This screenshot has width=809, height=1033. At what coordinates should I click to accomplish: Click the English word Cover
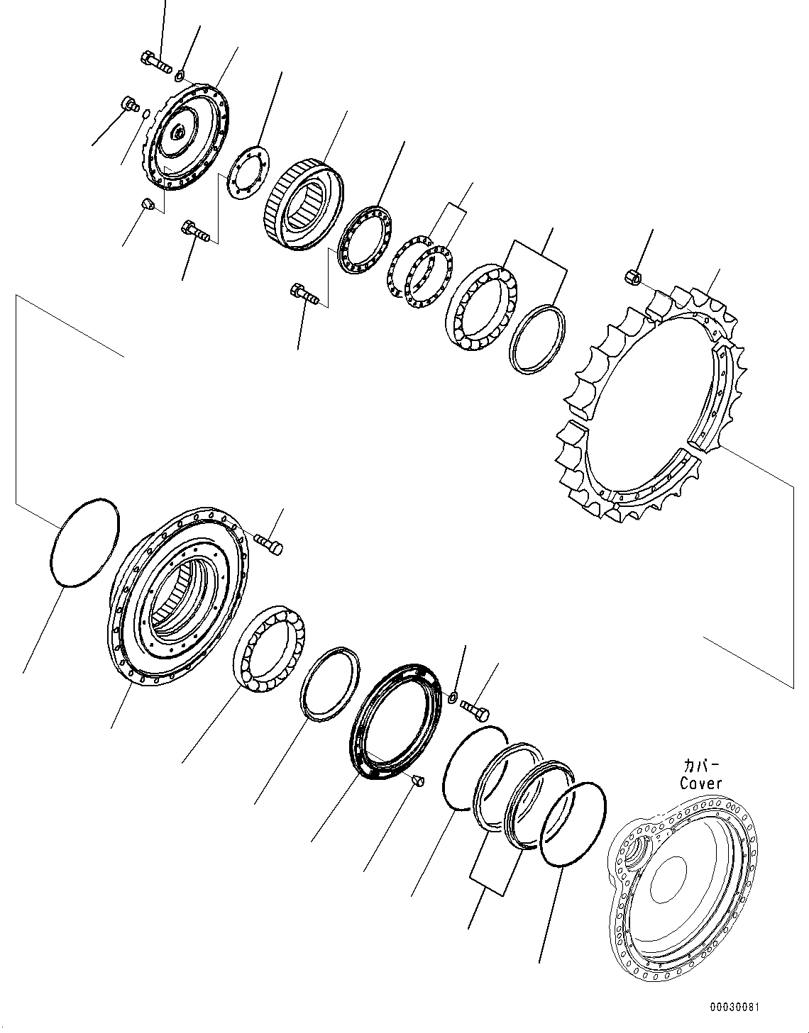[x=700, y=783]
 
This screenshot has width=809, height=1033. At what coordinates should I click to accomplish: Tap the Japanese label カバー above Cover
[x=701, y=766]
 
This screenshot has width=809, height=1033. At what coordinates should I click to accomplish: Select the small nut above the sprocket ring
[x=634, y=276]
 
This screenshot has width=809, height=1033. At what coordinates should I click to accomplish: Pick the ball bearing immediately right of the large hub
[x=269, y=649]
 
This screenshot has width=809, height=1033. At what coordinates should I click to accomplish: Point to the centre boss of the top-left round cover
[x=180, y=133]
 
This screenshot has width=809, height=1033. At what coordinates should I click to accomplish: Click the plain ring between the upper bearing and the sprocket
[x=538, y=338]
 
